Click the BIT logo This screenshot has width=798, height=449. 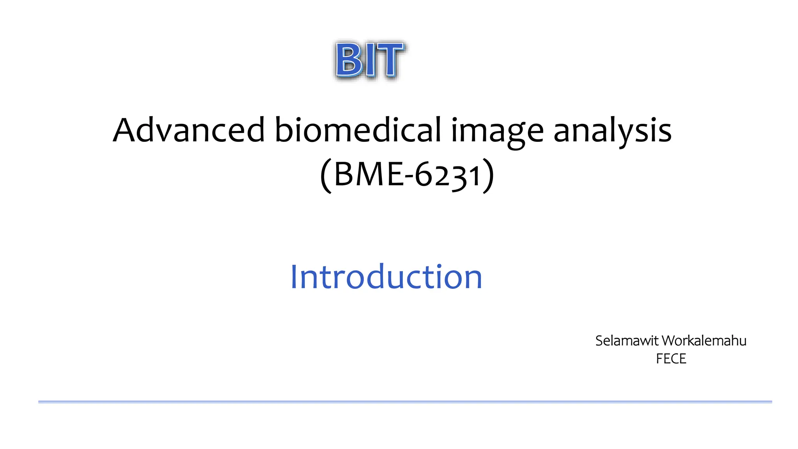click(x=369, y=60)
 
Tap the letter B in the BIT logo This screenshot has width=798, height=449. click(x=348, y=60)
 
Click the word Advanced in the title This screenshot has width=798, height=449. click(x=189, y=130)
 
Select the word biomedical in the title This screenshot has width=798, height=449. click(x=358, y=130)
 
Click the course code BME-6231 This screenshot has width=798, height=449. click(x=407, y=175)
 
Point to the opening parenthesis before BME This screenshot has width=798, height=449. click(x=326, y=175)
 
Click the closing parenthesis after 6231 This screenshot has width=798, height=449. click(x=488, y=175)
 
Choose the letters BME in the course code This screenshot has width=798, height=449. click(x=369, y=175)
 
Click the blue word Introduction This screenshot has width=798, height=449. click(x=386, y=277)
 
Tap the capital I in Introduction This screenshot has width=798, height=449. click(x=295, y=277)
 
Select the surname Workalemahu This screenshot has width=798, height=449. click(x=704, y=341)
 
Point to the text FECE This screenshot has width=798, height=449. click(x=671, y=359)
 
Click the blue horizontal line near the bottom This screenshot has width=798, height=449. click(x=405, y=401)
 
